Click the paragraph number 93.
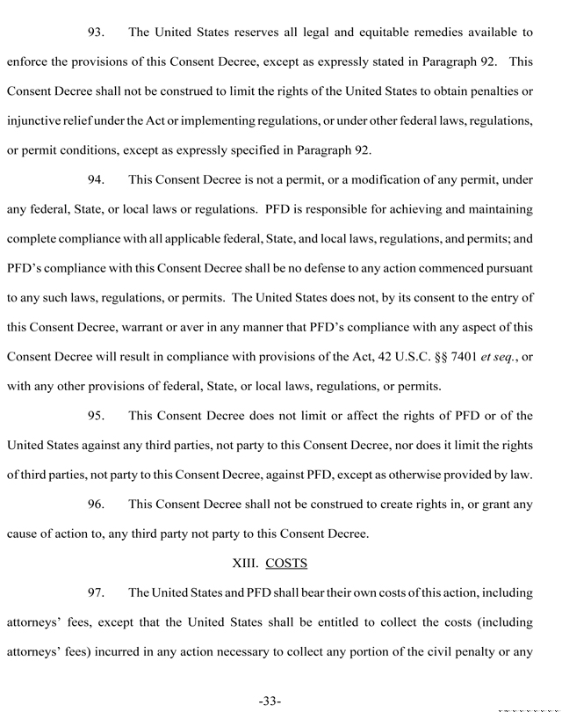(97, 33)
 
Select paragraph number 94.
(97, 180)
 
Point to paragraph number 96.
(97, 504)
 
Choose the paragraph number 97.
(97, 592)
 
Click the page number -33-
(269, 701)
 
